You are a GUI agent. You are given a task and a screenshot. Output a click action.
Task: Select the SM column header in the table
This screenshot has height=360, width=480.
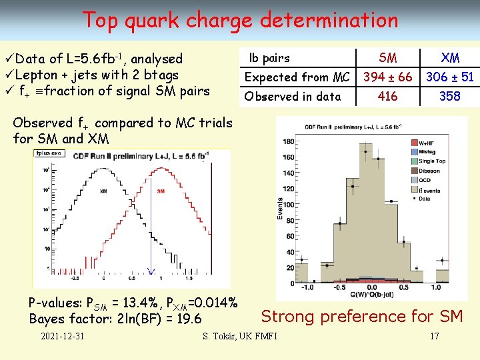click(387, 58)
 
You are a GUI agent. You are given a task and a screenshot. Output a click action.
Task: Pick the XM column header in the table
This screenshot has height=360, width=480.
click(450, 58)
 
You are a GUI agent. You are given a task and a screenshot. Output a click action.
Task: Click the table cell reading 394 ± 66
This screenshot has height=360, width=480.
click(387, 77)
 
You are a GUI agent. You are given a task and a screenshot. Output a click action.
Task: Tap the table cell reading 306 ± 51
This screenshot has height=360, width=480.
click(450, 77)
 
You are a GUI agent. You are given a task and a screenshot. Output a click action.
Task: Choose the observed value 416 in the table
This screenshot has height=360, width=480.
click(387, 97)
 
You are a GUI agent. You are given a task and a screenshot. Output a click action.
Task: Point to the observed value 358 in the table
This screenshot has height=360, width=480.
click(450, 97)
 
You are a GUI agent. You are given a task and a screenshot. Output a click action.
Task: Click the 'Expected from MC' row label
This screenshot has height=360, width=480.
click(297, 77)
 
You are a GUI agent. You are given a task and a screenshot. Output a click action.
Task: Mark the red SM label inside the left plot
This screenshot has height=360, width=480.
click(160, 191)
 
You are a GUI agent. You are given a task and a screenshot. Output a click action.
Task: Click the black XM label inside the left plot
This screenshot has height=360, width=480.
click(104, 191)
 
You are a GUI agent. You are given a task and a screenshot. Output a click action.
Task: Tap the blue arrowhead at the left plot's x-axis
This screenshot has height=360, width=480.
click(151, 271)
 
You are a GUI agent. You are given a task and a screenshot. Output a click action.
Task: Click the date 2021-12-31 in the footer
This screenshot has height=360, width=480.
click(62, 335)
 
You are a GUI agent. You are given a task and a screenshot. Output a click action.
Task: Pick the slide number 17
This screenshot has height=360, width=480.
click(434, 335)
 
